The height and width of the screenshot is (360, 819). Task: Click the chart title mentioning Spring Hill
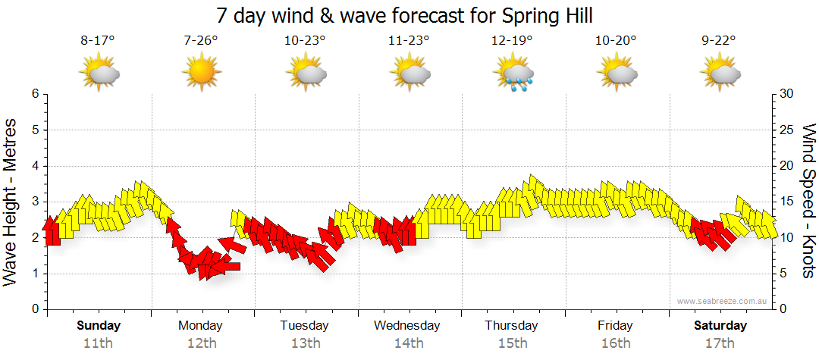(x=404, y=14)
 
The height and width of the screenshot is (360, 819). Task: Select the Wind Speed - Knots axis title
(x=808, y=201)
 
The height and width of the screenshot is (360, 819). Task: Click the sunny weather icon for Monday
(x=201, y=74)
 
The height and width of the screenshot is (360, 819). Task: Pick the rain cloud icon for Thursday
(x=513, y=74)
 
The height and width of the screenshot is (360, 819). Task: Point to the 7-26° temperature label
(x=201, y=41)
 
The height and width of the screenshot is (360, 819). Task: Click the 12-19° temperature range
(x=512, y=41)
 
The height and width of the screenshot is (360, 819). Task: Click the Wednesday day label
(x=408, y=326)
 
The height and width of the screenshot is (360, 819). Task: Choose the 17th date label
(x=720, y=343)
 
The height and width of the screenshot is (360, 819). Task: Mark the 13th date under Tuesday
(x=305, y=343)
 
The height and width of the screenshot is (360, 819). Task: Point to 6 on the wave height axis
(x=34, y=94)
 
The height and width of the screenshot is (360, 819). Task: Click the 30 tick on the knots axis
(x=786, y=94)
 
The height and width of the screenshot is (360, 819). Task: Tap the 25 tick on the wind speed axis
(x=786, y=130)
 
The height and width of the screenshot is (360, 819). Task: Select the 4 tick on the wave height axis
(x=34, y=166)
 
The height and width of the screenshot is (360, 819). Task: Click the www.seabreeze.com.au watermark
(x=723, y=302)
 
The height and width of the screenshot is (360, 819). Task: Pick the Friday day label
(x=615, y=326)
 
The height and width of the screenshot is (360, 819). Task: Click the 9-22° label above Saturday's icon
(x=720, y=41)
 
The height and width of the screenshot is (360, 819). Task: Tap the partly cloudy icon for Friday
(x=616, y=74)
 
